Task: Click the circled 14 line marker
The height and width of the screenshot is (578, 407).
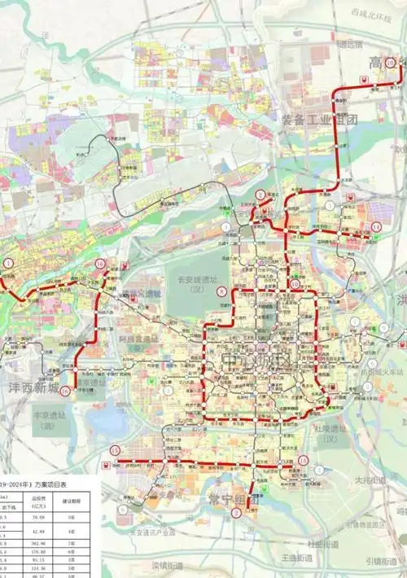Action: click(375, 227)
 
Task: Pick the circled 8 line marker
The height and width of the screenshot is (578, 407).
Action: click(222, 291)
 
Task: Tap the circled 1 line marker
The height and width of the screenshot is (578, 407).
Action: click(9, 263)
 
